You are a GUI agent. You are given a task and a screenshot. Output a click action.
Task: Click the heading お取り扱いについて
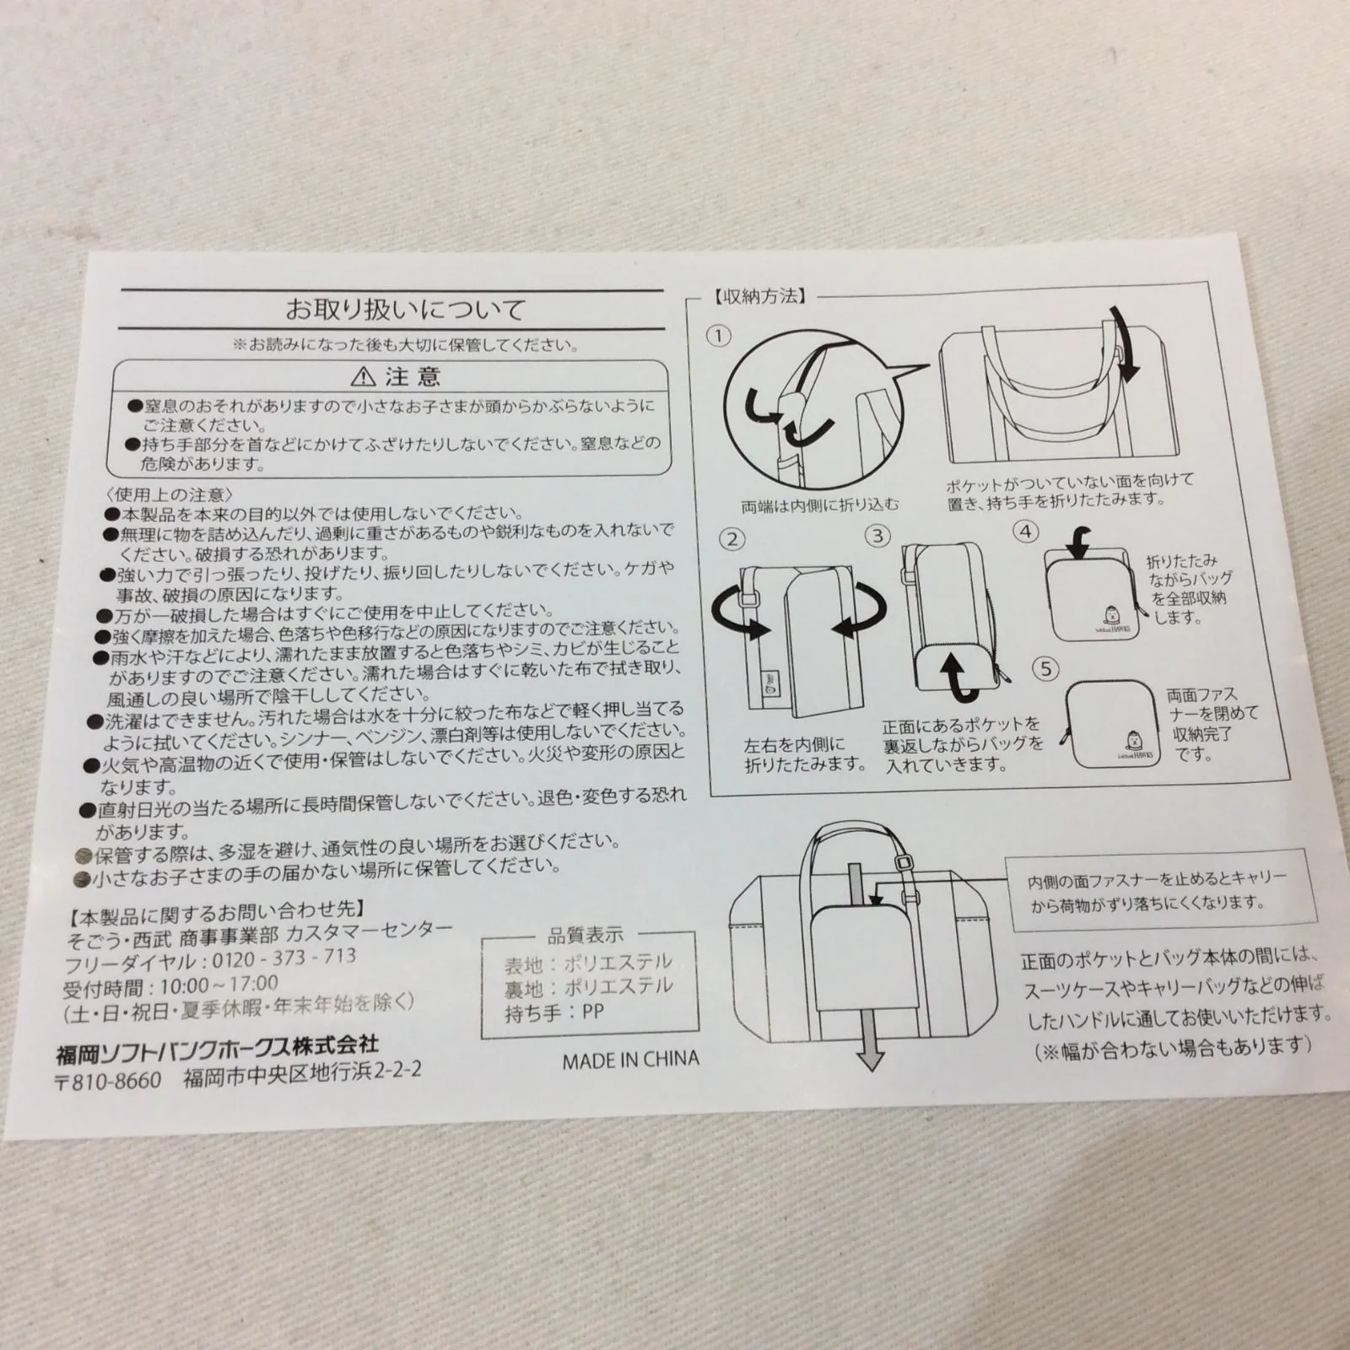(404, 309)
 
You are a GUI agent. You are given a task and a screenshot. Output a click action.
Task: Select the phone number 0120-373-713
(280, 959)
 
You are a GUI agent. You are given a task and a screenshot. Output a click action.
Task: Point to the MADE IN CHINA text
(630, 1059)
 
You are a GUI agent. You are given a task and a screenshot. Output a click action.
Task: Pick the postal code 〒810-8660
(108, 1080)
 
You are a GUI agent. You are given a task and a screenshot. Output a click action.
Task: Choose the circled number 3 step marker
(878, 536)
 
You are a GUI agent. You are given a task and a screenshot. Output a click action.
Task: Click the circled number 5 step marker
(1046, 668)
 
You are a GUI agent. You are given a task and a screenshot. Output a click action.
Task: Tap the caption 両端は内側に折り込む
(820, 505)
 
